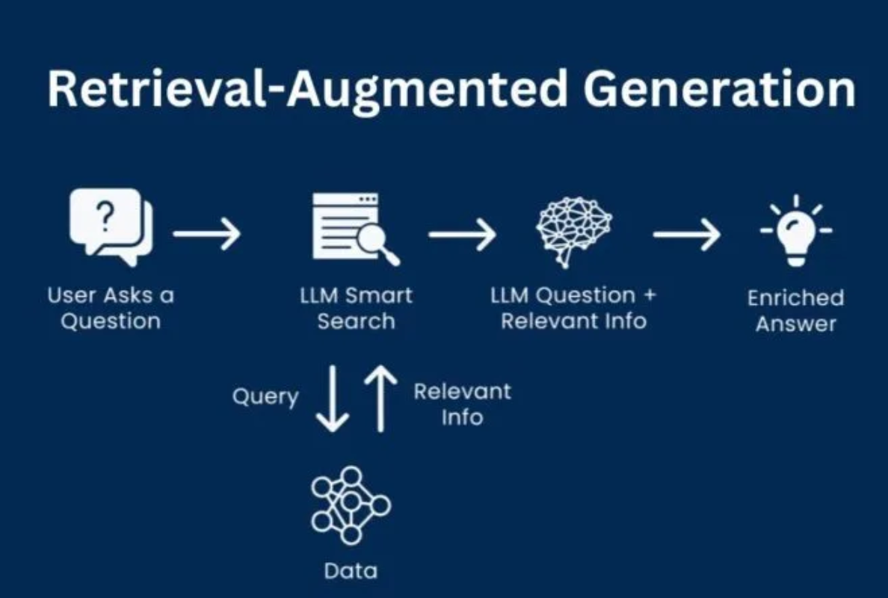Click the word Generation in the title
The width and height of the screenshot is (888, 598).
pyautogui.click(x=719, y=90)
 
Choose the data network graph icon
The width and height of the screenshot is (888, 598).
pyautogui.click(x=351, y=505)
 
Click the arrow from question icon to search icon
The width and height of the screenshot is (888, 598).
pyautogui.click(x=207, y=234)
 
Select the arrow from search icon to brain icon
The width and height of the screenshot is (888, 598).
pyautogui.click(x=462, y=234)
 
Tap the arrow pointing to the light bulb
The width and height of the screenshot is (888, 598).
pyautogui.click(x=686, y=234)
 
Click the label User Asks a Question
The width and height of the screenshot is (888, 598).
pyautogui.click(x=111, y=308)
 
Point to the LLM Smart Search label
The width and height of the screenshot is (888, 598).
pyautogui.click(x=356, y=308)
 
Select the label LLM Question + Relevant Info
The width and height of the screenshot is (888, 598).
pyautogui.click(x=573, y=308)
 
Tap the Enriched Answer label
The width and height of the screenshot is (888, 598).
pyautogui.click(x=795, y=311)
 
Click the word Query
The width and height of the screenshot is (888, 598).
pyautogui.click(x=265, y=396)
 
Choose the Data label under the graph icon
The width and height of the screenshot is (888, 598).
pyautogui.click(x=351, y=572)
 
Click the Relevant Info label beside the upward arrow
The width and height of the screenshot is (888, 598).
pyautogui.click(x=462, y=404)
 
